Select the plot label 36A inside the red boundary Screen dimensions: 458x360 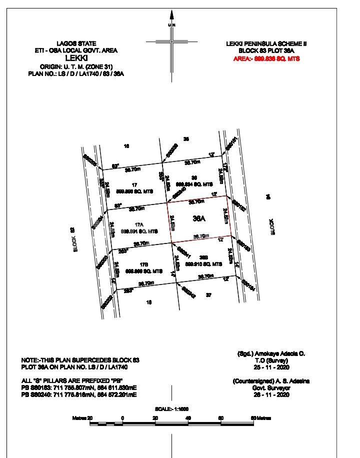198,218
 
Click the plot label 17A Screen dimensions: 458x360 138,224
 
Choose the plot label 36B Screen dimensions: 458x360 203,257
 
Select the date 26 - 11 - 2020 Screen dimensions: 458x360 270,394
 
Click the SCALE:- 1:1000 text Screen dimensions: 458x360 172,409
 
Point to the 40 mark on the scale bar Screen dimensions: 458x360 188,417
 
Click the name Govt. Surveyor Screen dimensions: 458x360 270,387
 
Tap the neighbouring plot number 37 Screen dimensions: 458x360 209,295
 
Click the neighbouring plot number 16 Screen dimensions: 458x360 126,146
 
